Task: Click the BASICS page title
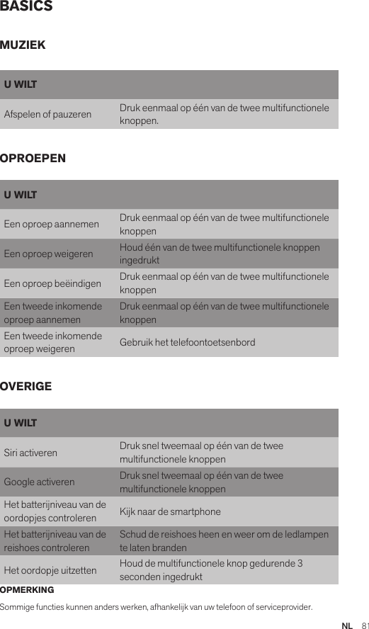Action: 26,7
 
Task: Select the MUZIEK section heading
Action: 23,45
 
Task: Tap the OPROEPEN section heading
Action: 33,158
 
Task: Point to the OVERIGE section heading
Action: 26,387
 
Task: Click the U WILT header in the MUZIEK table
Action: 21,85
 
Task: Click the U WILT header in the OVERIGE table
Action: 21,424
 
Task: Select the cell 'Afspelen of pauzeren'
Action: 47,114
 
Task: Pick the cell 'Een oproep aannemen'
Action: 51,225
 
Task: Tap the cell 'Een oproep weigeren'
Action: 48,254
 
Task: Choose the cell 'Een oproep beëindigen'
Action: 52,283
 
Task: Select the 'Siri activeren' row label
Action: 30,453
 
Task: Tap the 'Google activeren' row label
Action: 39,482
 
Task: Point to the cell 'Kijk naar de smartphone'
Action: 170,511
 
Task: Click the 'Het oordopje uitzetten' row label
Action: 50,570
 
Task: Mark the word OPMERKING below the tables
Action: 27,590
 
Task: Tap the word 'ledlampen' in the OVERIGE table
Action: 309,534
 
